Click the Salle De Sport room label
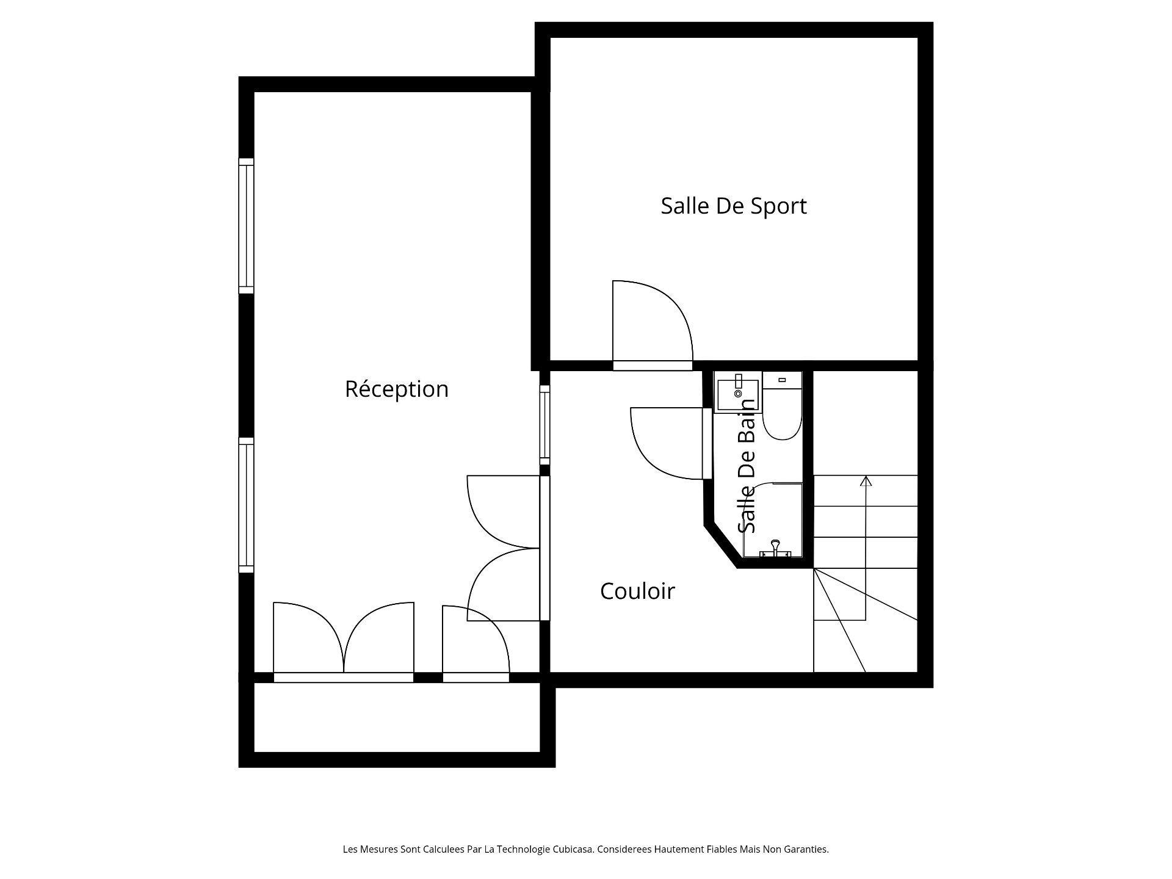click(734, 206)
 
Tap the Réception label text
click(397, 389)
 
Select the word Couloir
click(637, 591)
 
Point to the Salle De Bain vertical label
click(747, 465)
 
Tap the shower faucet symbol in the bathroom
click(775, 548)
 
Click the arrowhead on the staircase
click(866, 481)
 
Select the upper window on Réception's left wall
click(246, 226)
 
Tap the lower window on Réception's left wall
click(246, 505)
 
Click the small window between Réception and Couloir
click(544, 425)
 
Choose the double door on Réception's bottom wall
click(344, 642)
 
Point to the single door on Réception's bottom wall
click(476, 644)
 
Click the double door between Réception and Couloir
click(504, 548)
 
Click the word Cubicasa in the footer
click(573, 849)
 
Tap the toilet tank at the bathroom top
click(782, 379)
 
